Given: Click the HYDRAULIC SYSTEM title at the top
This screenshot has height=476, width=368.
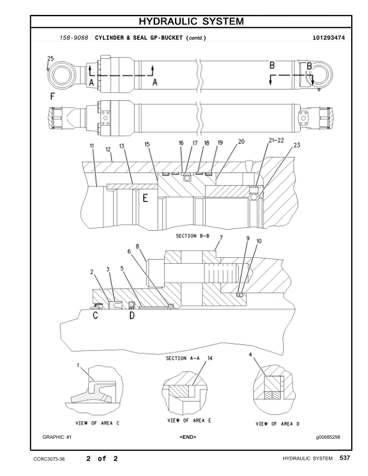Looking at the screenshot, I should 191,22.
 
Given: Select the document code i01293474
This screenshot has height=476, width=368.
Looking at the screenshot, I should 328,38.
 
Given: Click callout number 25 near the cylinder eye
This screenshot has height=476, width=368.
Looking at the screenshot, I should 50,58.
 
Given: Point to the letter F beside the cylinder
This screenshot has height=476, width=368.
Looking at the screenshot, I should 52,96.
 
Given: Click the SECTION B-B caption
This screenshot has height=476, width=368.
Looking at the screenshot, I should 192,236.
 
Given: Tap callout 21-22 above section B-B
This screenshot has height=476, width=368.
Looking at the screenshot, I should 277,140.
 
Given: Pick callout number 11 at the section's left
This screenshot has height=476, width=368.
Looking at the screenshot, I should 92,145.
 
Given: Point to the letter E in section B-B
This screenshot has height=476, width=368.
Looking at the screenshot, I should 145,199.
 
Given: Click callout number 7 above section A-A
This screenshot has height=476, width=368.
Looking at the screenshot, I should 221,239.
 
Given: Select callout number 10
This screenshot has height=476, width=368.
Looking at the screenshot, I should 259,240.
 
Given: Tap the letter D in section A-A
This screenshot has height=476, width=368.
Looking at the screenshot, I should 132,316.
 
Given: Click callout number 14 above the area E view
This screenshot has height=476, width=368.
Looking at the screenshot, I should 210,358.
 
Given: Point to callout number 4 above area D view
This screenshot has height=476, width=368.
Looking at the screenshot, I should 250,355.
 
